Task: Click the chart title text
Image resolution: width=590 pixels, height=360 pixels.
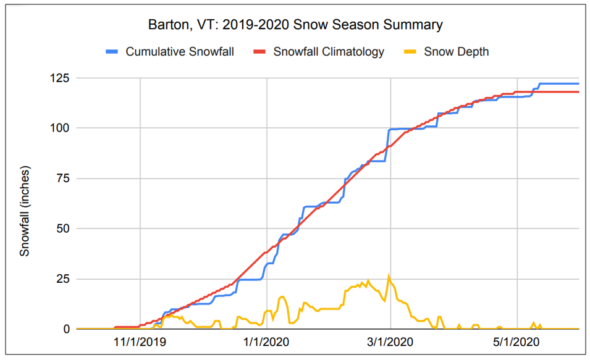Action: click(x=295, y=25)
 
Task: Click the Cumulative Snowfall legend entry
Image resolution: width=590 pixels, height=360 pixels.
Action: click(x=179, y=52)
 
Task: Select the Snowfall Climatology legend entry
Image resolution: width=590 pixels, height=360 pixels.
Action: click(x=328, y=52)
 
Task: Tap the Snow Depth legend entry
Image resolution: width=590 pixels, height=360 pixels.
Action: click(x=456, y=52)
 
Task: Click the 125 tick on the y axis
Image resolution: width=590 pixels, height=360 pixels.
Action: click(x=60, y=78)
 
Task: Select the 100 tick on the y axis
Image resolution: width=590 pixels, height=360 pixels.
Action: click(x=60, y=128)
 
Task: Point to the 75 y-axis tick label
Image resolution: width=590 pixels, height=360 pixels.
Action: click(x=62, y=178)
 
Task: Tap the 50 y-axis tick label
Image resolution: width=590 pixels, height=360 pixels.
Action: click(x=62, y=228)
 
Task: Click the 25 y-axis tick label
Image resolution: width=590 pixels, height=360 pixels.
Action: click(x=62, y=279)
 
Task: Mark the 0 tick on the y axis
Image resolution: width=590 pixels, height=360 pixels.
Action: click(x=65, y=329)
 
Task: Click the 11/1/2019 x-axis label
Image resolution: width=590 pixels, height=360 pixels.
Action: click(x=140, y=341)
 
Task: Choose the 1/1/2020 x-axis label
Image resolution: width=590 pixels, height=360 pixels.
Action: click(x=266, y=341)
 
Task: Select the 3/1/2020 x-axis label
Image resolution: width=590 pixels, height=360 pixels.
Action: click(x=390, y=341)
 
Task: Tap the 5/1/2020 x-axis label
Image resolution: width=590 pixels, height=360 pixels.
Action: click(x=516, y=341)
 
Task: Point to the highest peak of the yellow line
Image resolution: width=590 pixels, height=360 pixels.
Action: click(x=389, y=276)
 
